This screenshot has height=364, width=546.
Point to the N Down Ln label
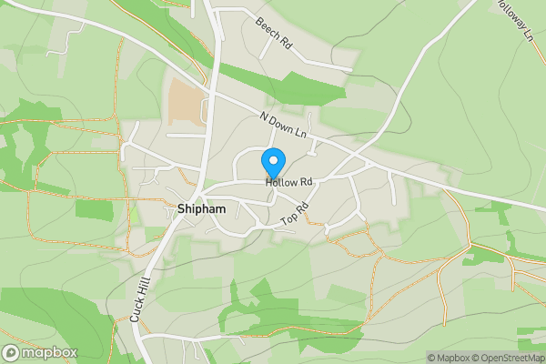click(x=284, y=127)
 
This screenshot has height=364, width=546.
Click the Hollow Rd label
click(x=289, y=182)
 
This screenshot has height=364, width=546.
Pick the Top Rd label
click(x=296, y=214)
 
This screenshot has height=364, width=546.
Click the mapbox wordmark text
click(x=50, y=353)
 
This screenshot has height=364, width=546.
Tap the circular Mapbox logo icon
click(x=12, y=353)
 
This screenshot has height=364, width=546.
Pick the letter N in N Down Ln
click(x=263, y=117)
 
